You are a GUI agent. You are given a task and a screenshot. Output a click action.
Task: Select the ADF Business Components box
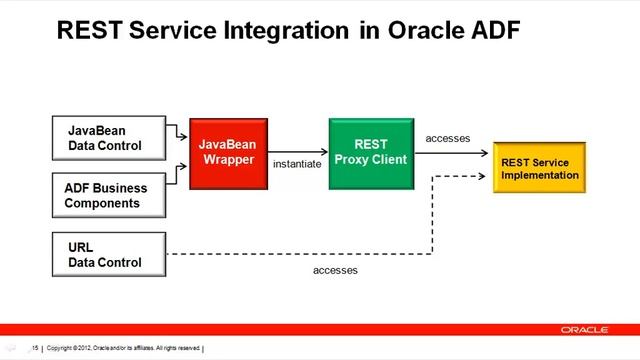[109, 195]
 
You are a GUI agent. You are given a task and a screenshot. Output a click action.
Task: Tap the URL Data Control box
[109, 254]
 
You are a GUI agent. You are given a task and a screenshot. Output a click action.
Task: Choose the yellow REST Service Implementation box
[538, 168]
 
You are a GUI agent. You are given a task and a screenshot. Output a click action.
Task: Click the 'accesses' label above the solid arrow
[448, 138]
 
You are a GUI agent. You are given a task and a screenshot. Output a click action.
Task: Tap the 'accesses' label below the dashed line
[335, 270]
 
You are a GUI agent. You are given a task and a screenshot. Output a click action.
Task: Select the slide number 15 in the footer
[35, 348]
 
